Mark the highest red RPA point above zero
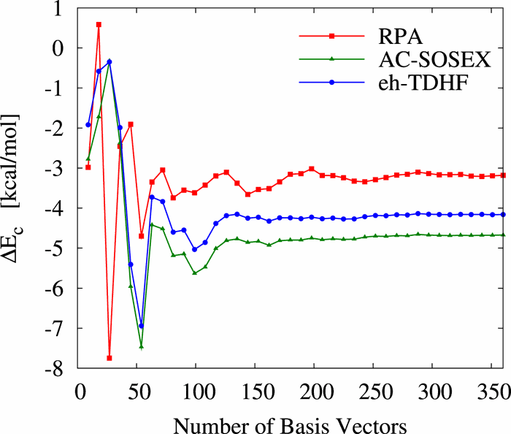(99, 24)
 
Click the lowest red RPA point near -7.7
(109, 358)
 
